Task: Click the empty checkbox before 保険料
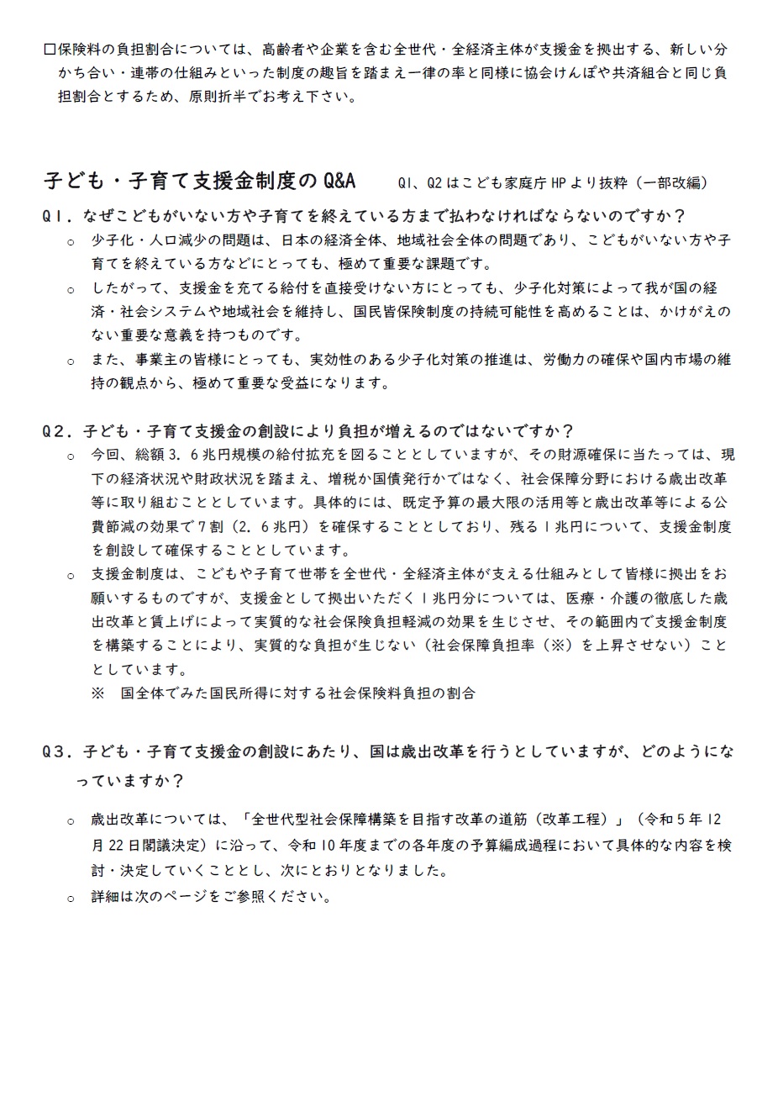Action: tap(49, 50)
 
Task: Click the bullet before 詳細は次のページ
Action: tap(71, 899)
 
